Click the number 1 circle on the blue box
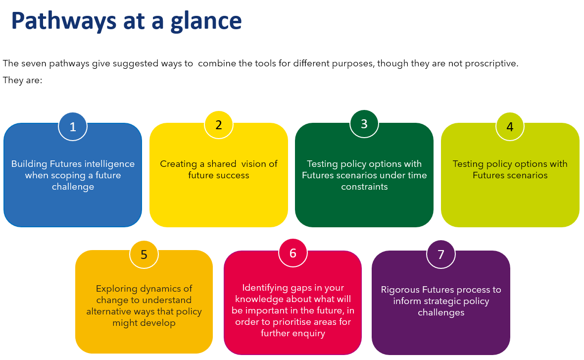click(73, 127)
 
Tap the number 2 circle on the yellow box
click(219, 125)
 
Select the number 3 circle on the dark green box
click(364, 124)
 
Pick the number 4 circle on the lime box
click(510, 127)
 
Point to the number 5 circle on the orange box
click(144, 255)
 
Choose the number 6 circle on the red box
click(293, 253)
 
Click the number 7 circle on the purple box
click(441, 255)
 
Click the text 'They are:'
click(22, 80)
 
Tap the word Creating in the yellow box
click(178, 164)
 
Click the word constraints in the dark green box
click(364, 187)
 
